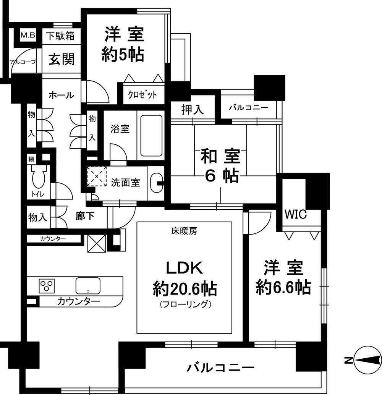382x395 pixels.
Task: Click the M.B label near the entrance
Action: click(x=28, y=36)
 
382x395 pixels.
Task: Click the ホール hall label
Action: click(x=61, y=95)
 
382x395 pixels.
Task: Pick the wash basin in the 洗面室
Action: click(x=156, y=183)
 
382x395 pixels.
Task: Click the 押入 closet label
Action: click(x=192, y=110)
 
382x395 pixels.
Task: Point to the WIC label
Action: click(x=296, y=215)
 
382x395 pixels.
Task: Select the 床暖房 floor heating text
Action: click(x=184, y=231)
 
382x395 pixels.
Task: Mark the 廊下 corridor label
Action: click(x=85, y=217)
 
